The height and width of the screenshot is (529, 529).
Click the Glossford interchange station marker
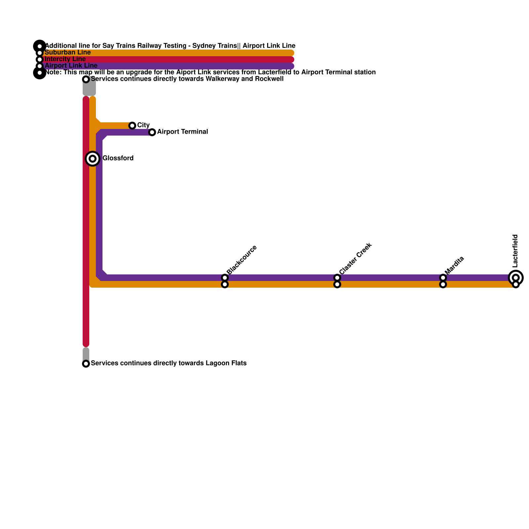coord(93,159)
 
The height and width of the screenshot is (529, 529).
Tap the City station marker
coord(132,126)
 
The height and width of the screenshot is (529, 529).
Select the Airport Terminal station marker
coord(152,132)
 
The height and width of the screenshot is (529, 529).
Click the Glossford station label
coord(118,158)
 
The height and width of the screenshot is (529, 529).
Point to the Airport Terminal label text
coord(183,132)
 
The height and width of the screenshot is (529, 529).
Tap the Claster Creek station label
coord(355,259)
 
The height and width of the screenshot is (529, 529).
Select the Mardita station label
coord(454,265)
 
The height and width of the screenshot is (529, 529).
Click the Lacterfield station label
coord(515,251)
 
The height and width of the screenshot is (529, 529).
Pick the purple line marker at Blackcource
coord(225,278)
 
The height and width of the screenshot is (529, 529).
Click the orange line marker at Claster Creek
coord(337,284)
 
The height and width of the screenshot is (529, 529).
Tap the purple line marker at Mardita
coord(443,278)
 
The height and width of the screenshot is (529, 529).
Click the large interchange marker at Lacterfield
coord(516,277)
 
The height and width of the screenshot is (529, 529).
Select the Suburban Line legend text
coord(67,53)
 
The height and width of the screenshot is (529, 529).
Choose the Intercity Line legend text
coord(65,59)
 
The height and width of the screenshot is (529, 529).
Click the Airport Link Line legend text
coord(71,66)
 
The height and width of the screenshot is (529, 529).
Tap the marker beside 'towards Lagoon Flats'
coord(86,364)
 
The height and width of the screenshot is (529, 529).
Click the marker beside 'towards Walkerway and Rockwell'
coord(86,79)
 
